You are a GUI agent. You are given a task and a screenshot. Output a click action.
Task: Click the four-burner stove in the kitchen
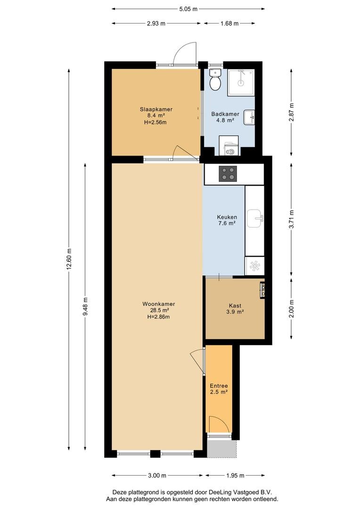coord(228,173)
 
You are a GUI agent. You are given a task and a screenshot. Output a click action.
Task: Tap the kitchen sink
coord(255,218)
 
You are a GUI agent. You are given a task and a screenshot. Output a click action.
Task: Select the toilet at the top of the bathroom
coord(215,80)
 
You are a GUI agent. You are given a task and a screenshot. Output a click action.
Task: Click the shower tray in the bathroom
coord(241,82)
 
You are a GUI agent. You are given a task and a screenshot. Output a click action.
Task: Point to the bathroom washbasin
coord(250,117)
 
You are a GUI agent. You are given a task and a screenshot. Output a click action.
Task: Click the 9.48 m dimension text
coord(85,306)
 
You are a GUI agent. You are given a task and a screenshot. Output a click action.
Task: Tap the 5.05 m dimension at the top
coord(188,9)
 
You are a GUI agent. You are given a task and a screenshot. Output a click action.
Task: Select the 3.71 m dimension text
coord(291,220)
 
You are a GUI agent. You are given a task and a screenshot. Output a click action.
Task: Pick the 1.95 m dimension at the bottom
coord(235,476)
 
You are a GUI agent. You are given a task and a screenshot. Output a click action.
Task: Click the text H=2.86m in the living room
coord(158,317)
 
